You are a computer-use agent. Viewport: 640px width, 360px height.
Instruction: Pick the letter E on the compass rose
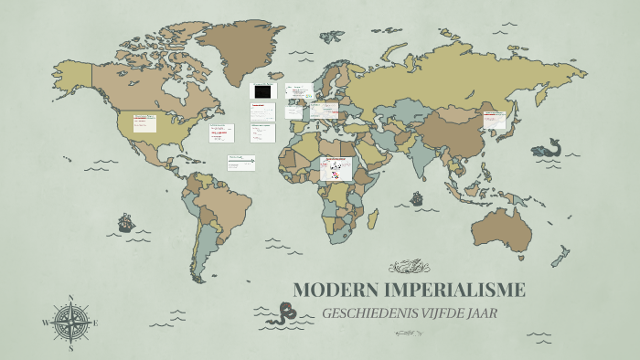pos(96,323)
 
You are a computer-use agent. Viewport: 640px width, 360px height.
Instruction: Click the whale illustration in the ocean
pos(547,147)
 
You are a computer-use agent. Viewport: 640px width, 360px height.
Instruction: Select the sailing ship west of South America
pos(125,222)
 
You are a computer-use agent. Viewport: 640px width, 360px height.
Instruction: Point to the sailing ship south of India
pos(418,197)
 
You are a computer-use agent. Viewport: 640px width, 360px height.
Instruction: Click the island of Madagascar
pos(374,217)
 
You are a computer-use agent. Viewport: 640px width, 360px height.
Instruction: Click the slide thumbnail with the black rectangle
pos(263,91)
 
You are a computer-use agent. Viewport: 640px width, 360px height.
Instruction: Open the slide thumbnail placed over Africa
pos(336,167)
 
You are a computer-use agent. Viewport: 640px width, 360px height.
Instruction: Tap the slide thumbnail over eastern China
pos(495,118)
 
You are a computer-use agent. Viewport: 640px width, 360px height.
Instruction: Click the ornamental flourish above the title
pos(409,267)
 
